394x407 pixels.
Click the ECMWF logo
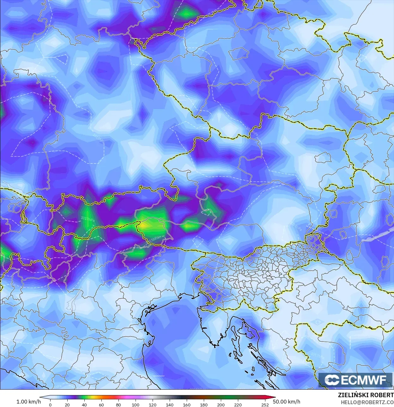coord(356,380)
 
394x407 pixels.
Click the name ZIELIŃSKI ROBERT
coord(366,395)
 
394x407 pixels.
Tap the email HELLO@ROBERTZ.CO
coord(367,402)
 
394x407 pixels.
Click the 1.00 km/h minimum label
coord(28,402)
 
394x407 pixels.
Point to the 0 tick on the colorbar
coord(50,404)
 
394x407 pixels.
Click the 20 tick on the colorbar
coord(67,404)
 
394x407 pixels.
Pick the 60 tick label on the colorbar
coord(101,404)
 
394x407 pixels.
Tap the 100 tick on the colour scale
coord(136,404)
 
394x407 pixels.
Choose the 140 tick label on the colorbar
coord(170,404)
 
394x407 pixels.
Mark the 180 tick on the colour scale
coord(204,404)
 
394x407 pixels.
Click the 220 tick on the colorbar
coord(238,404)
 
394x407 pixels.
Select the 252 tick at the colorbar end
coord(265,404)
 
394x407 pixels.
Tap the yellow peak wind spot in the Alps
coord(144,225)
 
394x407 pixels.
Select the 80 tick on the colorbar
coord(118,404)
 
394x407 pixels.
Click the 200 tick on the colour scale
coord(221,404)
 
